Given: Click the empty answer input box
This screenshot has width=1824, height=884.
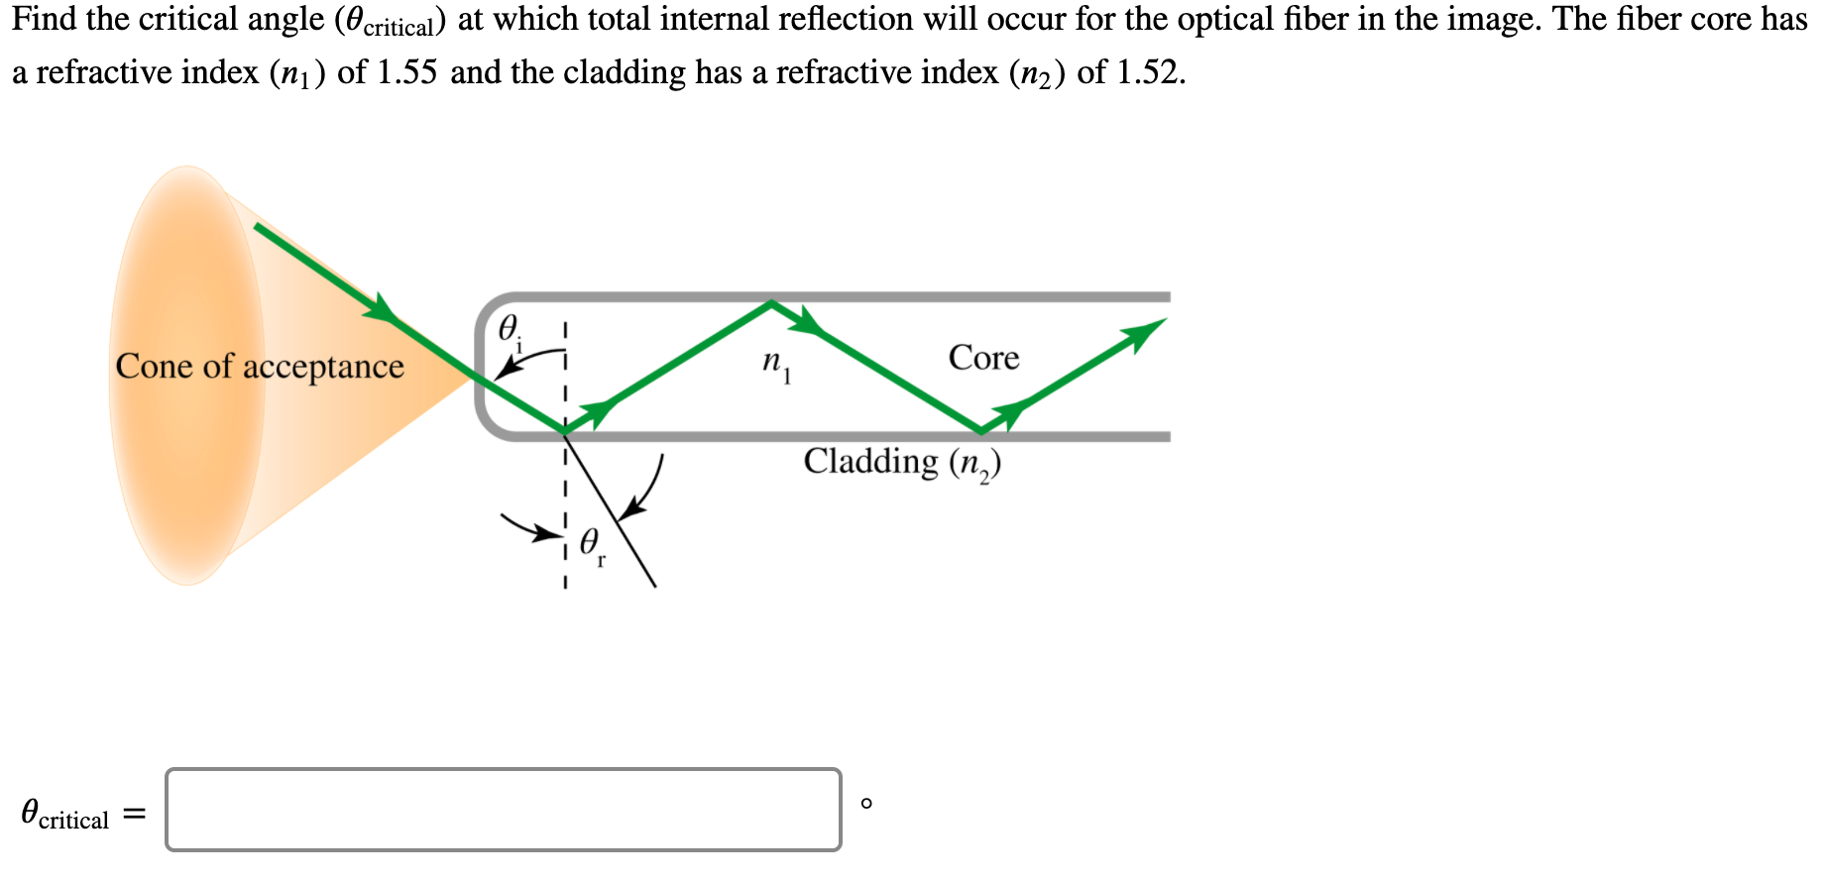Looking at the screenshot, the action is click(x=504, y=809).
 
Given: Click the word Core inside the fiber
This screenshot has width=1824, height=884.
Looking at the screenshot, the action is click(x=983, y=358).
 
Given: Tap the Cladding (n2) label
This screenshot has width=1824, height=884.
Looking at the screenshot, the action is click(x=902, y=463).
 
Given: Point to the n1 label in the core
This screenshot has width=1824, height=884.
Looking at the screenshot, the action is click(x=776, y=364).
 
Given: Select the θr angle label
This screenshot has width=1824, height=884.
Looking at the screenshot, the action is click(x=592, y=544).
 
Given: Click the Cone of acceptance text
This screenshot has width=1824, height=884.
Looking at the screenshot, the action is click(x=260, y=367).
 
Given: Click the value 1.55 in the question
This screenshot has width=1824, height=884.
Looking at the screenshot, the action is click(x=406, y=72).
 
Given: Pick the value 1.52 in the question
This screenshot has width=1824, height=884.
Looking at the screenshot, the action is click(x=1148, y=72).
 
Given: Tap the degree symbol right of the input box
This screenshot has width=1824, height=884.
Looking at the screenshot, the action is click(x=866, y=803).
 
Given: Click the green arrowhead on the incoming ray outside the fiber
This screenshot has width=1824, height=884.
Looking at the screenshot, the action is click(x=380, y=308).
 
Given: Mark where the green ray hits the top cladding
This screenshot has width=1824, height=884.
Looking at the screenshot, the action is click(x=771, y=302).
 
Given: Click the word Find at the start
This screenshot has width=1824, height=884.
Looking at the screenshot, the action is click(x=44, y=19).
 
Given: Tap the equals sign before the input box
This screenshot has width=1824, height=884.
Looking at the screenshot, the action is click(x=134, y=815).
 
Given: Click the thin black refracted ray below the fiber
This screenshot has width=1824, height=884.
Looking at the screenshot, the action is click(x=620, y=525).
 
